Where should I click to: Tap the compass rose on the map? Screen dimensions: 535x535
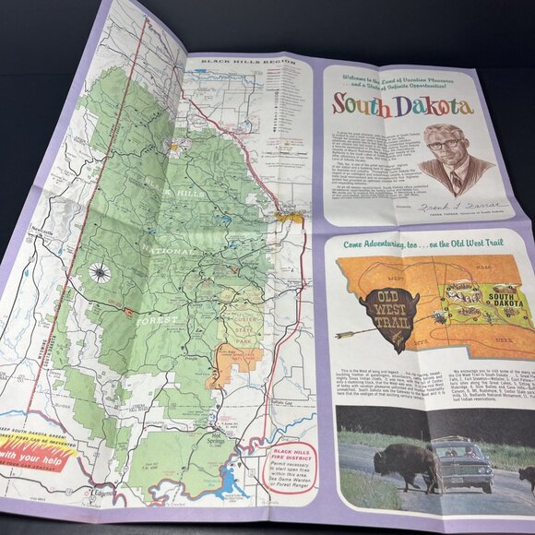(99, 272)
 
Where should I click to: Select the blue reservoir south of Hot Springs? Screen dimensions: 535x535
(228, 481)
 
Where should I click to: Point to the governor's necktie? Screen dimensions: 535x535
(456, 181)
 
